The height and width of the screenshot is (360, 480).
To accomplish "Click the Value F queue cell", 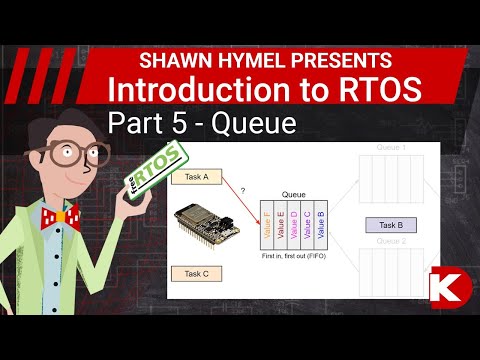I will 268,227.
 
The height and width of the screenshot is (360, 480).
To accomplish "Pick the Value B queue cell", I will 320,227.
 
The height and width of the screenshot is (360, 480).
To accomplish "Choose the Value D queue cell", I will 294,227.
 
